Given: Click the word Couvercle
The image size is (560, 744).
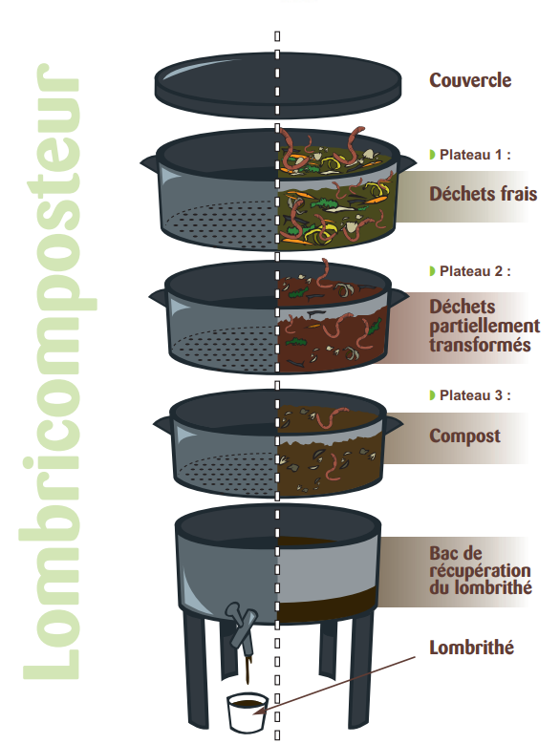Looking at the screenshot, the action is pyautogui.click(x=470, y=80).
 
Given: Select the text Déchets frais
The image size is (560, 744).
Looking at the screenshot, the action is pyautogui.click(x=484, y=194).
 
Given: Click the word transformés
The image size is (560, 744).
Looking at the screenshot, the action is pyautogui.click(x=480, y=345).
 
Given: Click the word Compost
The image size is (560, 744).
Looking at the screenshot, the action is pyautogui.click(x=464, y=436).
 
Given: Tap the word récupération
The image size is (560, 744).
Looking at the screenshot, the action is pyautogui.click(x=480, y=571).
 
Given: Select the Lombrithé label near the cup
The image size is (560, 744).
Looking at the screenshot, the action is pyautogui.click(x=471, y=648).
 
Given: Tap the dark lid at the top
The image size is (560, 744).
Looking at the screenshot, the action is pyautogui.click(x=278, y=85).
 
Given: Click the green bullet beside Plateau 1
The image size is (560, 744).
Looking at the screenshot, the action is pyautogui.click(x=432, y=155).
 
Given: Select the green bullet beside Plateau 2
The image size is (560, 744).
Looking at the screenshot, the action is pyautogui.click(x=432, y=271).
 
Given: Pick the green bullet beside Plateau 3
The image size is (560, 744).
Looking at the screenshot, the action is pyautogui.click(x=432, y=395).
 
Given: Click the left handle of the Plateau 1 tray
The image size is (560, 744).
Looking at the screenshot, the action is pyautogui.click(x=149, y=162).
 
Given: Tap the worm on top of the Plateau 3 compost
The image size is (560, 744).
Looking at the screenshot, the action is pyautogui.click(x=332, y=417).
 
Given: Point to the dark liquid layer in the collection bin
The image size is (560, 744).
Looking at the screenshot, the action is pyautogui.click(x=327, y=605).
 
